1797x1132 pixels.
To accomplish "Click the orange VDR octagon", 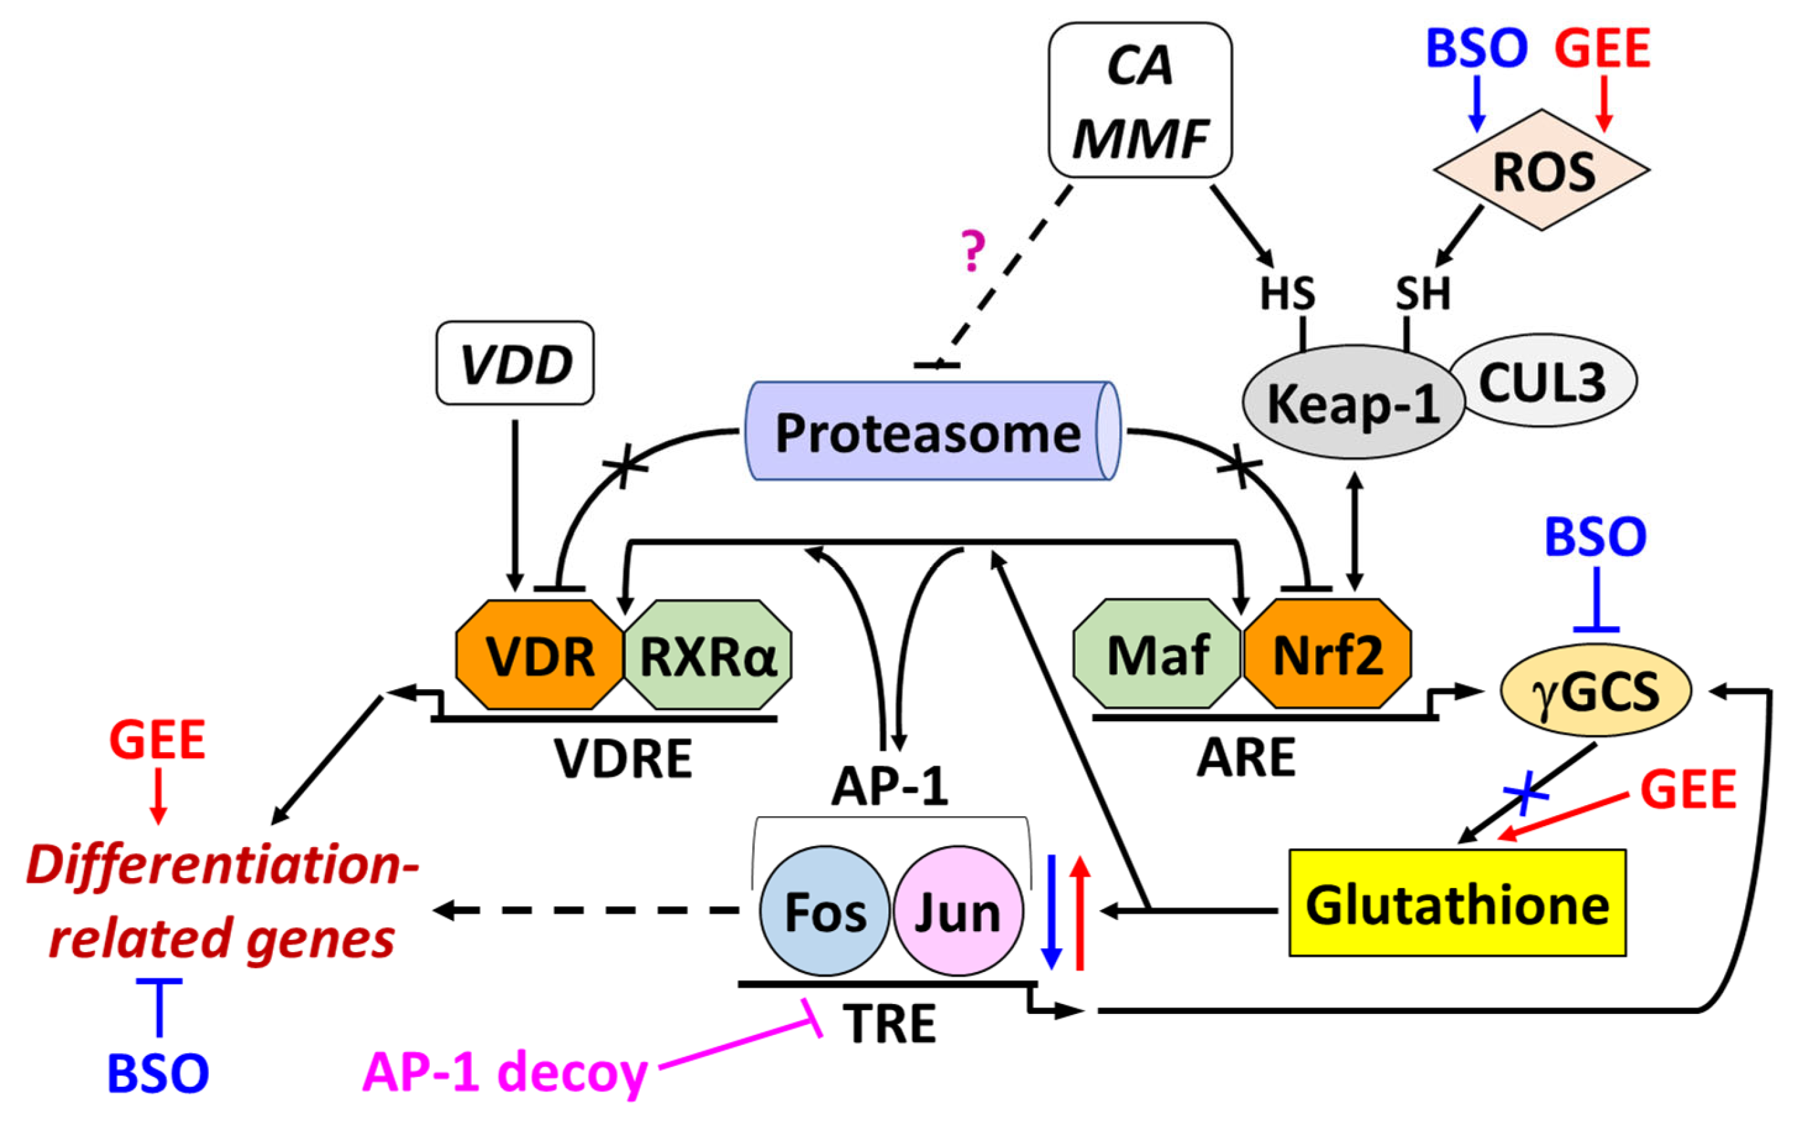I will (x=539, y=654).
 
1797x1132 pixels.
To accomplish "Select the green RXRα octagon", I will (x=708, y=654).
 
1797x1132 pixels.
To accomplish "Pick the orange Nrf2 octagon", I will (x=1327, y=653).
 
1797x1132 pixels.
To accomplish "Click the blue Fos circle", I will (x=824, y=910).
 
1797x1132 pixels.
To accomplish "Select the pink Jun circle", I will (x=958, y=910).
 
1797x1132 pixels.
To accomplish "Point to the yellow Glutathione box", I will (x=1457, y=903).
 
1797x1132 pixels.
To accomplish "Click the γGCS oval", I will (x=1595, y=690).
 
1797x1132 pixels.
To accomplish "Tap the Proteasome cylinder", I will (x=929, y=431).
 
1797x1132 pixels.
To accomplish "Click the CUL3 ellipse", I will (x=1543, y=381).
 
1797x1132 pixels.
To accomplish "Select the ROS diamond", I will (x=1542, y=170).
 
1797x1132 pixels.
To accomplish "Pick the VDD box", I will (x=515, y=364).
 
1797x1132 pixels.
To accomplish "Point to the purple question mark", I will (x=973, y=251).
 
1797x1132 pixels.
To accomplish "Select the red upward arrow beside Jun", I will (x=1080, y=914).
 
